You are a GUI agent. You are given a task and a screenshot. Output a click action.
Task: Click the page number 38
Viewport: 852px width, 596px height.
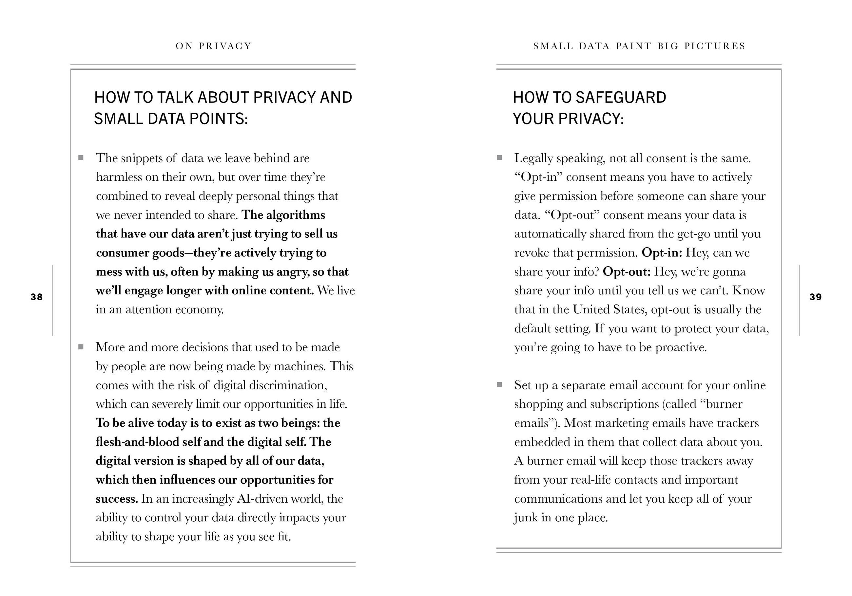point(36,297)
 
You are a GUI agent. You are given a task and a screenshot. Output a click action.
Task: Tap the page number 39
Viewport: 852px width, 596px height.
point(815,297)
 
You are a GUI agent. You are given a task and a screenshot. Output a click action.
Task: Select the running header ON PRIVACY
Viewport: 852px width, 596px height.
point(213,46)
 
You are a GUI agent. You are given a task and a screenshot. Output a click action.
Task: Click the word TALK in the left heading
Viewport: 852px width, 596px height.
point(176,98)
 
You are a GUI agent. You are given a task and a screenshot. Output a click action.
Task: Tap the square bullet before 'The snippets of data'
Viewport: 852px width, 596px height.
point(81,158)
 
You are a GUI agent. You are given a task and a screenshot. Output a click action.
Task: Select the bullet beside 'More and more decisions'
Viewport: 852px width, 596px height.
point(81,347)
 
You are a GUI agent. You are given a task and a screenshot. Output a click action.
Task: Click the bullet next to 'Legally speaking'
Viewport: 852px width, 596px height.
point(499,158)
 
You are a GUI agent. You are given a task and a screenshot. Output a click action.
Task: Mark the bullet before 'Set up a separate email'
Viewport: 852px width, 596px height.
point(499,384)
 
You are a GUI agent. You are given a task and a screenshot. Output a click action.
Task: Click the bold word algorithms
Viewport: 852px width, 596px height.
point(295,215)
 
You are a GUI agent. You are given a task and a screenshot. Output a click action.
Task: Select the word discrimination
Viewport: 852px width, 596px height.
point(288,385)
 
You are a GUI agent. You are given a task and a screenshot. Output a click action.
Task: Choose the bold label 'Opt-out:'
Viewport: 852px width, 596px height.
point(626,272)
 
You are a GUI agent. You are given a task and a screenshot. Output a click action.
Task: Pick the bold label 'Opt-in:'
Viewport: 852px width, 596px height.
point(662,253)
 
